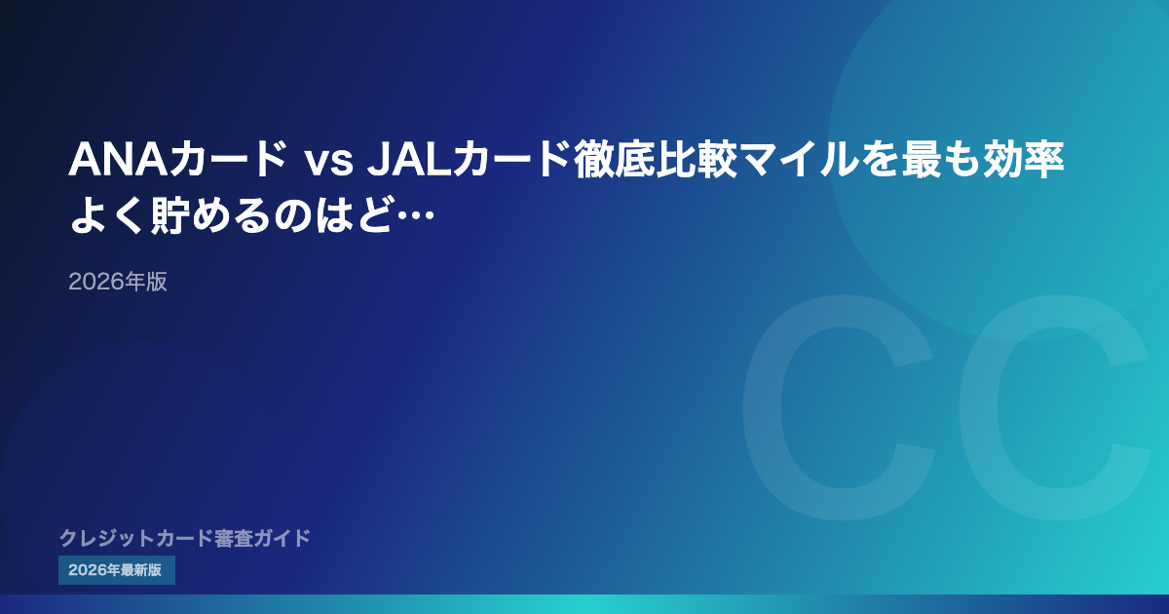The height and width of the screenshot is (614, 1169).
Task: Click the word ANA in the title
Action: [x=119, y=159]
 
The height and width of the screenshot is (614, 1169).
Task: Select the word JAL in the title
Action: [x=409, y=159]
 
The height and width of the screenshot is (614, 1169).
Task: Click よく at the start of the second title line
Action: [x=108, y=214]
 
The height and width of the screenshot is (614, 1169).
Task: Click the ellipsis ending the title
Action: [x=415, y=214]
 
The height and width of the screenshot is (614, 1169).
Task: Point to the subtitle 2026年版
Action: [x=118, y=282]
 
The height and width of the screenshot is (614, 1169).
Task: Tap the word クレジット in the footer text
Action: [x=107, y=538]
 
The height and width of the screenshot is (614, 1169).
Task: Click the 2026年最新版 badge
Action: [x=116, y=570]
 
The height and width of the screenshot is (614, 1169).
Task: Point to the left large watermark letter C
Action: [x=762, y=407]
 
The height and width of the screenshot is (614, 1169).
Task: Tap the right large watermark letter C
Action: [x=978, y=407]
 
